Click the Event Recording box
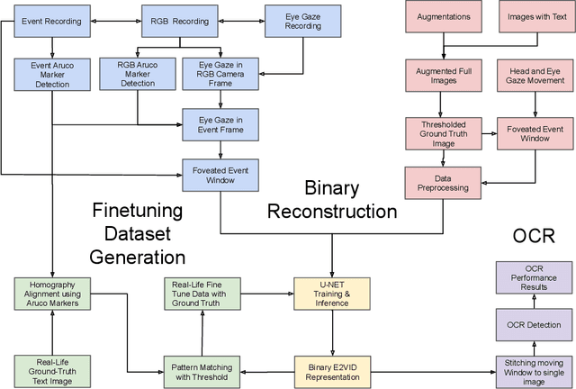(x=51, y=19)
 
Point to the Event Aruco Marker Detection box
(x=51, y=72)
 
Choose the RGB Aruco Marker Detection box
(x=138, y=72)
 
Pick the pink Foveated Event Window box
(x=535, y=133)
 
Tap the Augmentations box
(x=441, y=17)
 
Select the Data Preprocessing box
(x=441, y=182)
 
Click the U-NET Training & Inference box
(x=332, y=292)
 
